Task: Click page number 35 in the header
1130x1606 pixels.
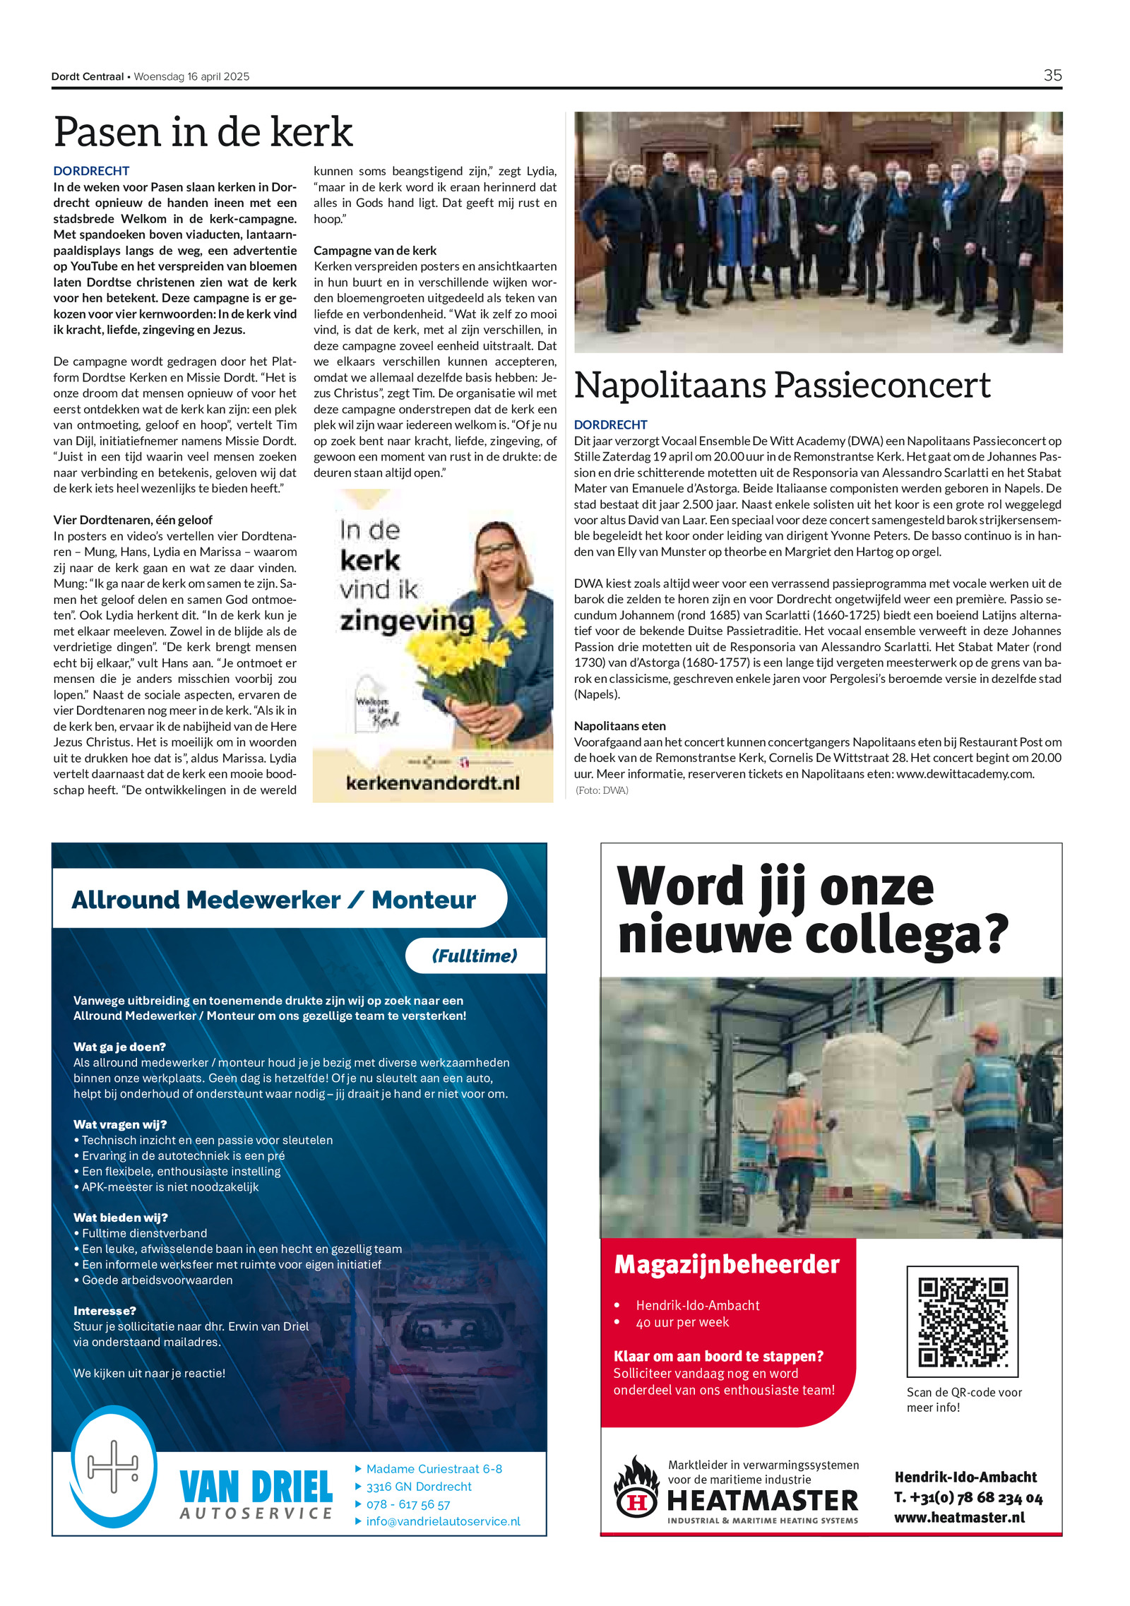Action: point(1052,76)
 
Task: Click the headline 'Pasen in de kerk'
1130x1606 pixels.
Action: point(203,132)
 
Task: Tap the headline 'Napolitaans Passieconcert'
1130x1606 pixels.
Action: point(782,386)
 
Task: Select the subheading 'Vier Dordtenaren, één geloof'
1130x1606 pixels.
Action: point(133,520)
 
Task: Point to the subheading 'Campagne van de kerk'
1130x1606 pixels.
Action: point(375,251)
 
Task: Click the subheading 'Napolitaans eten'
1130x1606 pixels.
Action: point(619,726)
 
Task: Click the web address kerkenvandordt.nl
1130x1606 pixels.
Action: point(432,783)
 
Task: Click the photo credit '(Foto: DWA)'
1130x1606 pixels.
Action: point(602,790)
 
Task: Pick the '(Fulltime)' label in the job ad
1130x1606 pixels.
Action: point(475,956)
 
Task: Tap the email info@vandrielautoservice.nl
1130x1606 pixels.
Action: point(443,1521)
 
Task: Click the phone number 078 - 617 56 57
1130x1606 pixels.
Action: point(408,1504)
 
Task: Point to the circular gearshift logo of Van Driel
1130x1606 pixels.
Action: point(113,1468)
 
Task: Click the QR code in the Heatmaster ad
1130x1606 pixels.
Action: point(962,1321)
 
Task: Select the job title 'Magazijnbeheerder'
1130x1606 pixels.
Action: point(727,1265)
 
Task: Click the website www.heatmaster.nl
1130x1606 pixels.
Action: point(959,1518)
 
